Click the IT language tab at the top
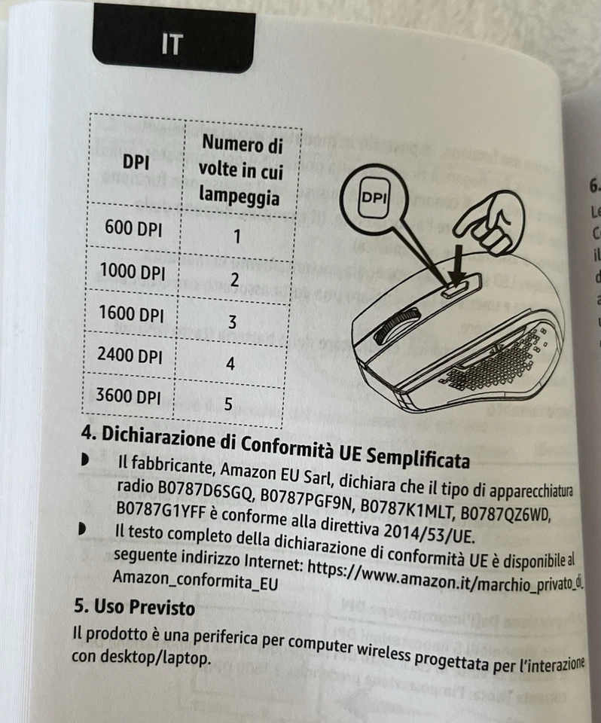tap(172, 44)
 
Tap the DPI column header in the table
tap(137, 162)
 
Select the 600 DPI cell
tap(133, 229)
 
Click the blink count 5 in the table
tap(227, 404)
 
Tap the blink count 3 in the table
tap(233, 322)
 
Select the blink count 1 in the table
tap(236, 237)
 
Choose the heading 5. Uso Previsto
tap(133, 607)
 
